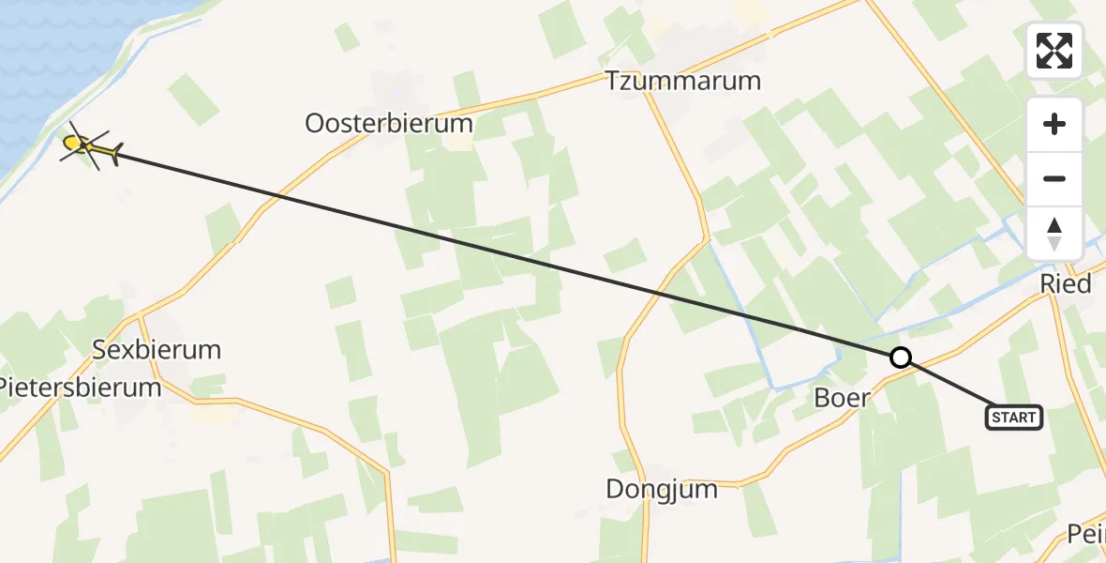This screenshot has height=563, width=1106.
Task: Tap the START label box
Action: (1014, 417)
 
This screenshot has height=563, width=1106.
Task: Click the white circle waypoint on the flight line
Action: (900, 358)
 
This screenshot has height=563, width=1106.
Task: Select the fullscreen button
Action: (1054, 51)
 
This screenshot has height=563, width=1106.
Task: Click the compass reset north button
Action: (1054, 233)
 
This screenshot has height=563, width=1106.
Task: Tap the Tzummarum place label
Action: (683, 81)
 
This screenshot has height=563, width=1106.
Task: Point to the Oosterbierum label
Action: (389, 124)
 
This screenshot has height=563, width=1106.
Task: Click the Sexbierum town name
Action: (157, 351)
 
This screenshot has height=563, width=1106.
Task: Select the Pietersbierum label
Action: (81, 387)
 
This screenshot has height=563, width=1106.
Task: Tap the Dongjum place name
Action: (662, 489)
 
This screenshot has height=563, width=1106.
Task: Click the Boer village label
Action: (842, 398)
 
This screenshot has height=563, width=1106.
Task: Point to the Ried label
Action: (1066, 284)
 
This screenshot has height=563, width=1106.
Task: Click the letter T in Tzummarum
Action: (613, 81)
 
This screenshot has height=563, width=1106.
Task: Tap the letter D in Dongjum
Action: (615, 489)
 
